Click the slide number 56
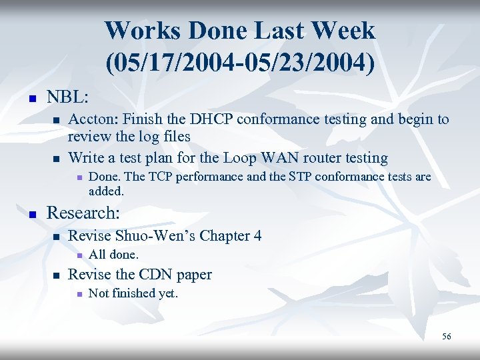(x=447, y=337)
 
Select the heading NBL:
(x=68, y=97)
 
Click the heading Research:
(x=83, y=213)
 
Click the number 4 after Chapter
(x=257, y=235)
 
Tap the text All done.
(x=113, y=255)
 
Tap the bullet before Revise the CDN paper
(x=57, y=276)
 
